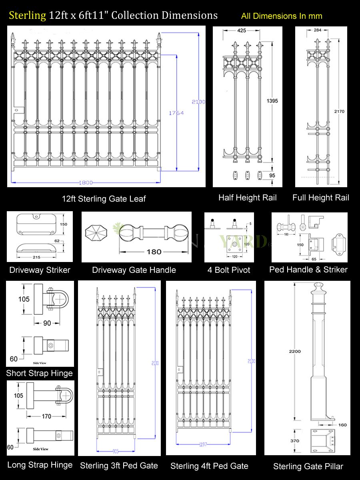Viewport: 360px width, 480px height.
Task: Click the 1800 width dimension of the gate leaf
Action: (85, 183)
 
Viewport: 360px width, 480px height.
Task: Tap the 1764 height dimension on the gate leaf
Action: (176, 113)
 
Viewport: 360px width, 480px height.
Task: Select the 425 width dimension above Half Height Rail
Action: (242, 30)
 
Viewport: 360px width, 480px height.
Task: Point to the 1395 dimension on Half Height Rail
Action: (272, 101)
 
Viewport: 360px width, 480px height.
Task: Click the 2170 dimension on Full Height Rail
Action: (339, 112)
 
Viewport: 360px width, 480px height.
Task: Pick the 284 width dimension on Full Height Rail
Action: (318, 30)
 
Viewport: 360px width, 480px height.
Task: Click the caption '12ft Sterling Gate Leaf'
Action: (104, 199)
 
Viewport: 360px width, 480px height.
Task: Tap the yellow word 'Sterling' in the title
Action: (28, 16)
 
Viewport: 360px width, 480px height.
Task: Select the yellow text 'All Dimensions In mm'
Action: (281, 16)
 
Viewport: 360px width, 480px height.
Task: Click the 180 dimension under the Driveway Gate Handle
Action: (154, 252)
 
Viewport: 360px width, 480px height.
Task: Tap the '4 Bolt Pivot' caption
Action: (229, 270)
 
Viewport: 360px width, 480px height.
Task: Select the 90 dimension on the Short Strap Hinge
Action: (47, 323)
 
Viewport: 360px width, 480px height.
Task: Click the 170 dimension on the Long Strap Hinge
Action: (46, 416)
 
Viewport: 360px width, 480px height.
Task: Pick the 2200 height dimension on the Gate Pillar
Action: (295, 352)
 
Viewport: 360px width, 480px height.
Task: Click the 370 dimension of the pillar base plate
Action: (295, 441)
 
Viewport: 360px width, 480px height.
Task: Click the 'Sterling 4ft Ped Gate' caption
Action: (209, 466)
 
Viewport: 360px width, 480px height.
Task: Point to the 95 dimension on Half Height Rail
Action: (272, 176)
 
